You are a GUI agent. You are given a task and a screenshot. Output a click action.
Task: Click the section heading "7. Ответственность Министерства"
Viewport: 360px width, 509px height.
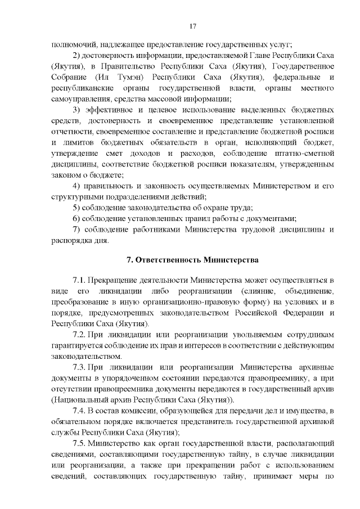[192, 260]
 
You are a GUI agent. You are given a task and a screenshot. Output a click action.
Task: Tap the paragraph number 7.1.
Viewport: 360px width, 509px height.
[80, 280]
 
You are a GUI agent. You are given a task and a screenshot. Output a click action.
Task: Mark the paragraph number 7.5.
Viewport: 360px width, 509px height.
[80, 443]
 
